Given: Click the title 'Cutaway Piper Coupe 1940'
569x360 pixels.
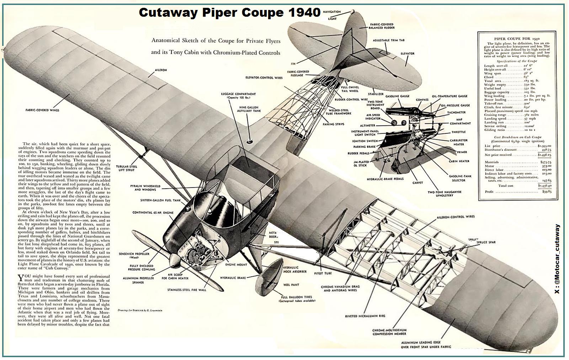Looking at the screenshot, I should [x=230, y=12].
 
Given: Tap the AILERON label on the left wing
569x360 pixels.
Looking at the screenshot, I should [x=161, y=70].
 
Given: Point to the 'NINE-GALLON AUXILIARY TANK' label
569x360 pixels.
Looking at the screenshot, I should [x=249, y=110].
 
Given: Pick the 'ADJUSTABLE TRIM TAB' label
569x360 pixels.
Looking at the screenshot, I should [x=389, y=41].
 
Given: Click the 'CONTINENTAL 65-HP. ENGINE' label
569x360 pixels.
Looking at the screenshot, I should [x=153, y=213].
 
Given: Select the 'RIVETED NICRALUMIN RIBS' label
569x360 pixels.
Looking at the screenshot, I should [x=365, y=316].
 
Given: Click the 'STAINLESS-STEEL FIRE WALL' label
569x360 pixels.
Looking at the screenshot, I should [x=187, y=290].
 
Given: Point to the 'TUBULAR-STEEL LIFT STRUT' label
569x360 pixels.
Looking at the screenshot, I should [x=127, y=168].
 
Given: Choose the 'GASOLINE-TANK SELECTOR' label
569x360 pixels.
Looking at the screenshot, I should [x=461, y=178].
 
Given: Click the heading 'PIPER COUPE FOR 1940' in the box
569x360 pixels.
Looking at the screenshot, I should [x=514, y=38].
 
